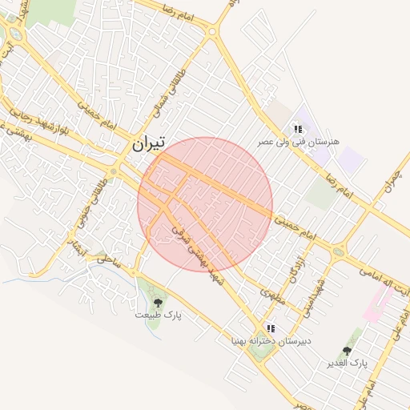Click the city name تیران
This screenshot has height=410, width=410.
(147, 144)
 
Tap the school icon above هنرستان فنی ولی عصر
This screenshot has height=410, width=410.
(298, 129)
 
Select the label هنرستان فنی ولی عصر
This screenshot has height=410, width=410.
(298, 142)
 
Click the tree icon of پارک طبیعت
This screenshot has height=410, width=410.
(158, 303)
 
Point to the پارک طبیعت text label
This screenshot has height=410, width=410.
(158, 316)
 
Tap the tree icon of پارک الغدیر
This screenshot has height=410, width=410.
(347, 351)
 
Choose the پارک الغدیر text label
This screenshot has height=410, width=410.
(347, 364)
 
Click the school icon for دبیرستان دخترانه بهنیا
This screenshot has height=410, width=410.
(271, 328)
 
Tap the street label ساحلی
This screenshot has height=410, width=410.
(106, 259)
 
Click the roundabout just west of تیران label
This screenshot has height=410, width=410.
(115, 171)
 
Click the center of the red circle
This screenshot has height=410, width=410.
(205, 204)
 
